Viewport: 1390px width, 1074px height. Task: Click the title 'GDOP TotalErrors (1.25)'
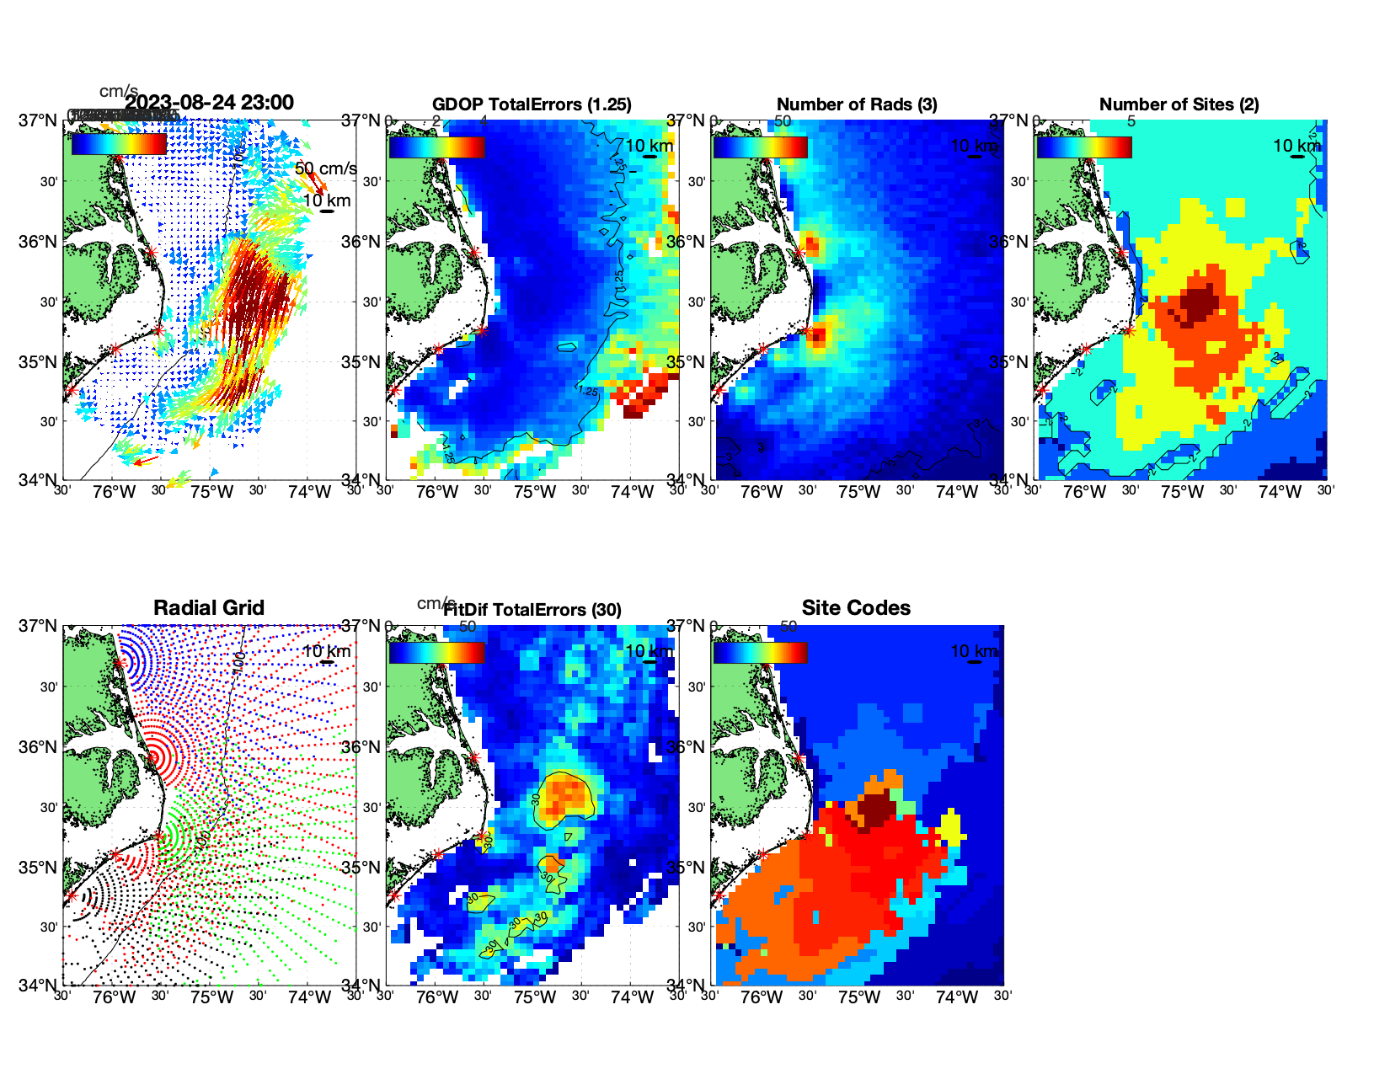[x=532, y=104]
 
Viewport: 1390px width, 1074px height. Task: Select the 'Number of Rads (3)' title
[x=856, y=104]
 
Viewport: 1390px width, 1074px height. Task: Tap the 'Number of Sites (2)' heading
[x=1179, y=104]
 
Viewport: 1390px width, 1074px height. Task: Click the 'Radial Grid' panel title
[x=209, y=608]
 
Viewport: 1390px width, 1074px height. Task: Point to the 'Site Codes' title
[x=856, y=608]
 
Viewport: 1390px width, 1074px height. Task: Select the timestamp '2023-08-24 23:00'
[x=209, y=103]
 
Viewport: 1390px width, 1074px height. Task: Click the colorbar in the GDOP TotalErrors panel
[x=436, y=147]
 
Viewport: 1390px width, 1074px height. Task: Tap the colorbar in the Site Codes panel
[x=760, y=652]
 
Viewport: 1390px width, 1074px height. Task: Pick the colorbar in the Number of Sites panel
[x=1083, y=147]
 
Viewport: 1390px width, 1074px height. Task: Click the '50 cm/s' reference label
[x=325, y=168]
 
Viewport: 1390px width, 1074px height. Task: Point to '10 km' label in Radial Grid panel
[x=326, y=651]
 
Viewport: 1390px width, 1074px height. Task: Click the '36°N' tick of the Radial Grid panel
[x=39, y=747]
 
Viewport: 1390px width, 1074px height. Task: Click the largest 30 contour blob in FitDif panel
[x=565, y=797]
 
